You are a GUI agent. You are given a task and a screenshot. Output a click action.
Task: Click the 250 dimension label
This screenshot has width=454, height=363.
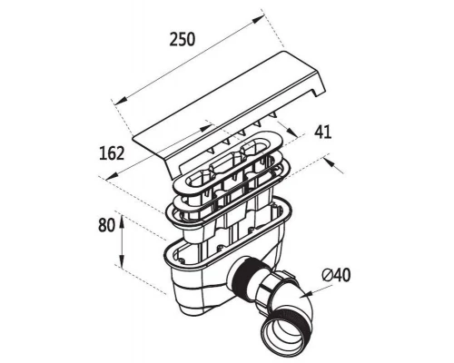tap(183, 40)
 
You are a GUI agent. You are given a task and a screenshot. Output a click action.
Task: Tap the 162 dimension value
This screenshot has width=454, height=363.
tap(112, 153)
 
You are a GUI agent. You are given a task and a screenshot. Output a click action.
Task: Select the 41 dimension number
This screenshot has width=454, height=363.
tap(323, 132)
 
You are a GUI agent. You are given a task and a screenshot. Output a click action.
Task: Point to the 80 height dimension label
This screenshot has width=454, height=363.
tap(106, 225)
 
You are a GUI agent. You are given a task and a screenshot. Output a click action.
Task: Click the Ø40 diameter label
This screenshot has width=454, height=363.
tap(336, 275)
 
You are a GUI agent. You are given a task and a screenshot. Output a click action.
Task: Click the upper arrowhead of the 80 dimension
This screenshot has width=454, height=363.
tap(122, 222)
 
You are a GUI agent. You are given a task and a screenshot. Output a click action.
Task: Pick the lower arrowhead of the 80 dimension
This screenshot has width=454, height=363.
tap(122, 261)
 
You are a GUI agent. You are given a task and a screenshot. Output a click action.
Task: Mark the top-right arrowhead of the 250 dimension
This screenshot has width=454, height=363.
tap(258, 20)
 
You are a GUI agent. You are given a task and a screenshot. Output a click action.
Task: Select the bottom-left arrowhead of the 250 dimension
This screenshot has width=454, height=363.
tap(121, 102)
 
